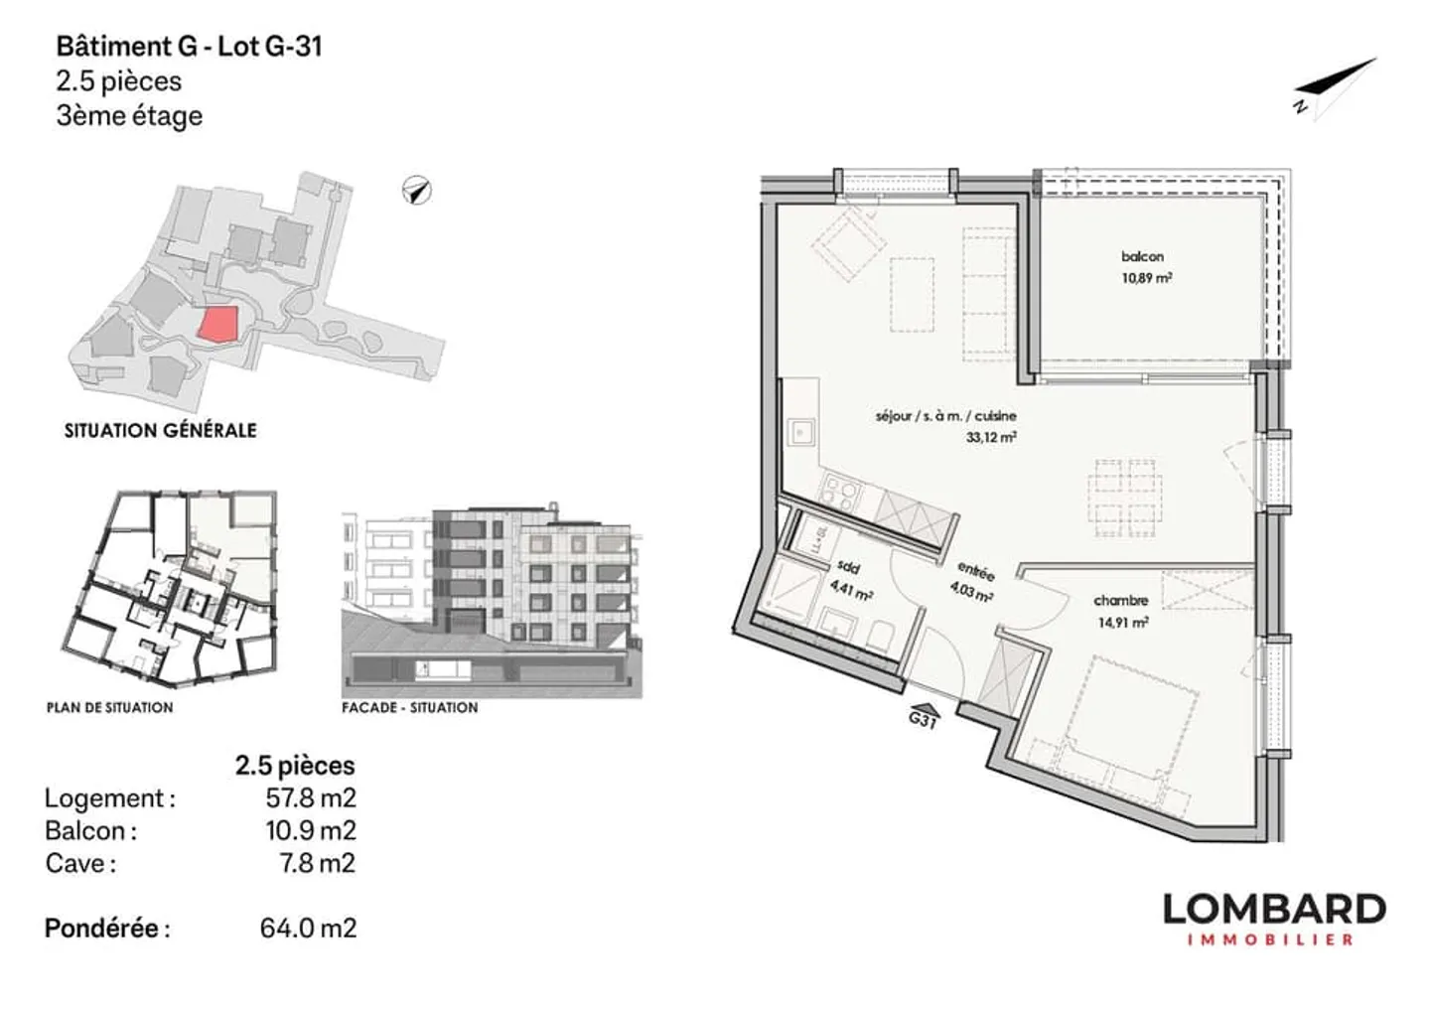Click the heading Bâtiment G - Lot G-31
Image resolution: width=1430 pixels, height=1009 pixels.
point(189,46)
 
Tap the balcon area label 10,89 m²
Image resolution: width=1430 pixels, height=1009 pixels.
point(1146,278)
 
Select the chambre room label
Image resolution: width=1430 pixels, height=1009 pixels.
point(1120,601)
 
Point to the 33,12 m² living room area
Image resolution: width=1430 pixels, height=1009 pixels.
point(990,436)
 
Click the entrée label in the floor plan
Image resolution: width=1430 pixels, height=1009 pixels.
point(975,570)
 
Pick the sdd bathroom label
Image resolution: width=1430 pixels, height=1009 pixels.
point(847,567)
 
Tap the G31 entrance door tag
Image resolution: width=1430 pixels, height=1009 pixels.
point(923,719)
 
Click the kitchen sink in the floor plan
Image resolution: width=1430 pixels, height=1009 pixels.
point(800,433)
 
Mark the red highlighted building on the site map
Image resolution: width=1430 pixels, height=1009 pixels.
point(217,325)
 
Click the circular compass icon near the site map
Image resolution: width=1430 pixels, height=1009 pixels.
point(417,190)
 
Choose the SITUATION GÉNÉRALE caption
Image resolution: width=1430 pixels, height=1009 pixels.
point(161,430)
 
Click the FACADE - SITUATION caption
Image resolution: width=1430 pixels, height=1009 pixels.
point(409,707)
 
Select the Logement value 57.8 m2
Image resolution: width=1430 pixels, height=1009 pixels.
point(310,797)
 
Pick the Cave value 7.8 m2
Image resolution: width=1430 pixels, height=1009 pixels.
point(317,863)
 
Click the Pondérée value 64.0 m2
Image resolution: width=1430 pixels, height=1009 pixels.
point(308,928)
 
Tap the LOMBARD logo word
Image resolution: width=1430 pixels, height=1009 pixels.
point(1273,909)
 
